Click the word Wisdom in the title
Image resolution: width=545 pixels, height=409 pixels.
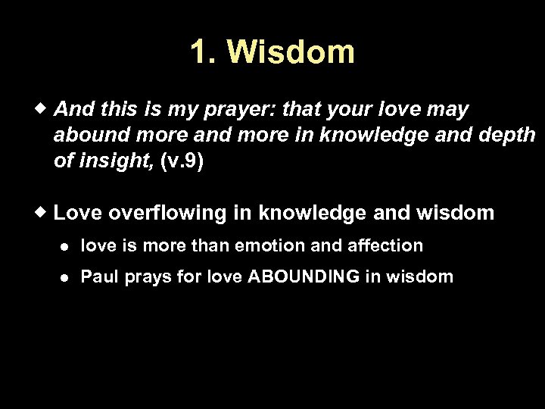[290, 52]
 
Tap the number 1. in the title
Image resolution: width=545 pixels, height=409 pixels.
[204, 52]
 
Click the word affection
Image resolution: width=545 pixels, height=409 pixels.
[385, 245]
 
